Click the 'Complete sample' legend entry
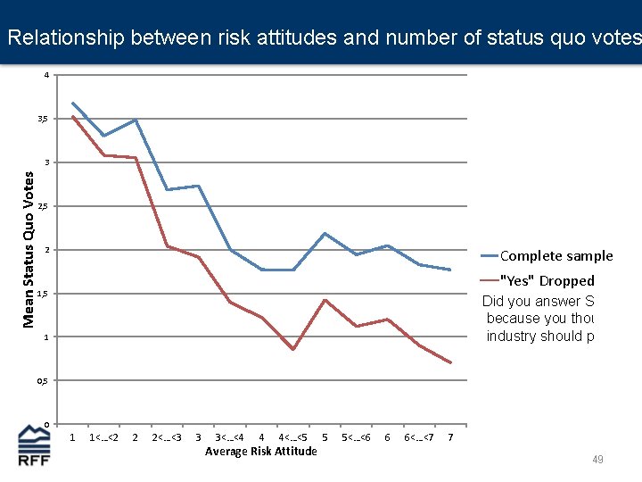(556, 256)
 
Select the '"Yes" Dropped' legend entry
(547, 280)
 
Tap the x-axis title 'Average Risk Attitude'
(260, 452)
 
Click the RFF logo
(35, 445)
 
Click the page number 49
(597, 460)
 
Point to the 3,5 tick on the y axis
(42, 119)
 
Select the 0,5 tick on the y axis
(42, 381)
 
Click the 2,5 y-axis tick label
(42, 206)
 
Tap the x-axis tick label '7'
(450, 437)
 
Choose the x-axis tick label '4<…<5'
(292, 437)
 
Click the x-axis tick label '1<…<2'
(103, 437)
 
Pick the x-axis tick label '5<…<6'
(356, 437)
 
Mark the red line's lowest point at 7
(450, 362)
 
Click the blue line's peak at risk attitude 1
(72, 103)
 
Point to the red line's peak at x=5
(325, 300)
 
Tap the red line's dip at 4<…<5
(292, 349)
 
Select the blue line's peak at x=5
(325, 233)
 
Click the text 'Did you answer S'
(538, 302)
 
